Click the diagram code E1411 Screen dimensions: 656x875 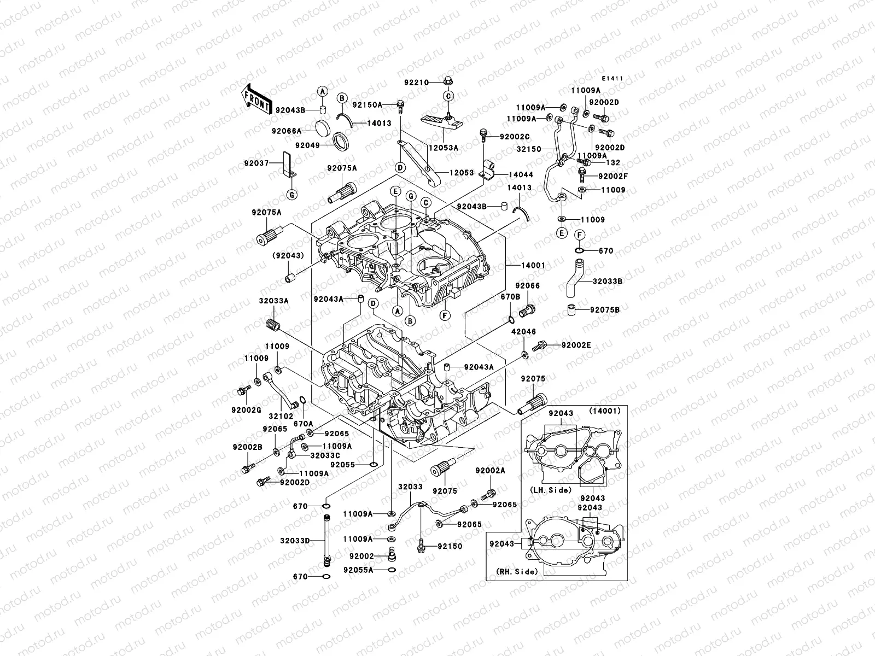tap(613, 79)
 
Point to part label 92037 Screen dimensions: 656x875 tap(256, 163)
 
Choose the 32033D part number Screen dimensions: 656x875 tap(295, 541)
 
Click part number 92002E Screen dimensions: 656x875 tap(576, 345)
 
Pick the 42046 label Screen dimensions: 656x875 tap(523, 332)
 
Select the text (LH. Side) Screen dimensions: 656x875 tap(550, 490)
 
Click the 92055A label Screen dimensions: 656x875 tap(358, 570)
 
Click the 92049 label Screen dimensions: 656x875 tap(307, 145)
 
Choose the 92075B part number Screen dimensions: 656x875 tap(605, 310)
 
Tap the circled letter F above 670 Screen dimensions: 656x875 tap(579, 235)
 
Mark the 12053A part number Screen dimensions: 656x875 tap(443, 148)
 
